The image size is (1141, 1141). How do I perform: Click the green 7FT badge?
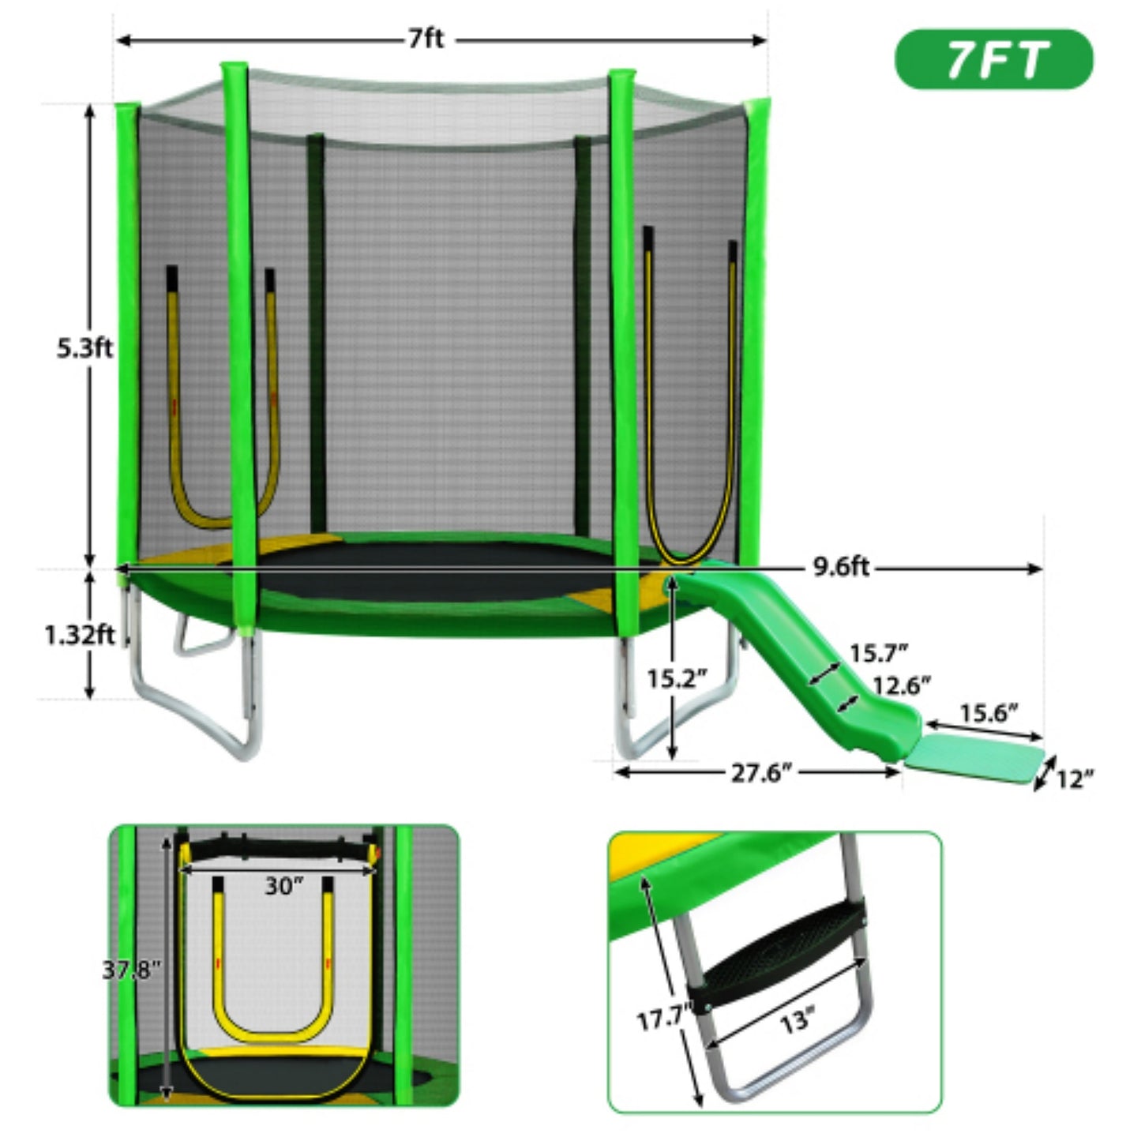pos(993,59)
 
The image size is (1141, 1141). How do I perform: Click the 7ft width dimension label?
pos(426,39)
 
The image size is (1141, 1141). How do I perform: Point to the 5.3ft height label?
pos(84,348)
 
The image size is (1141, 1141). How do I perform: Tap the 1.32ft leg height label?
pos(79,634)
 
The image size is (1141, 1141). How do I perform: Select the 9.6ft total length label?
pos(841,567)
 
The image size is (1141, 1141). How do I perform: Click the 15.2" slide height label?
pos(677,678)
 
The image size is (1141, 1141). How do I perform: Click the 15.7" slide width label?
pos(878,654)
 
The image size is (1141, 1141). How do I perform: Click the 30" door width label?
pos(283,887)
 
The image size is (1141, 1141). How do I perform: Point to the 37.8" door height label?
pos(131,970)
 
